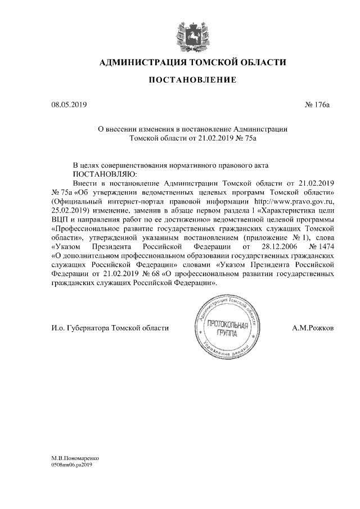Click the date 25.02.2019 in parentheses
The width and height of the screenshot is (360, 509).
coord(67,210)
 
